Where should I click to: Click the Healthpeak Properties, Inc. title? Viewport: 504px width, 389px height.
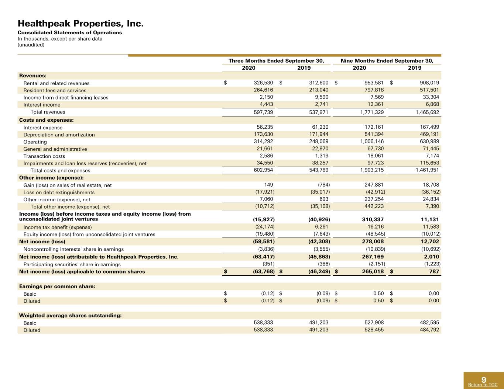pyautogui.click(x=80, y=23)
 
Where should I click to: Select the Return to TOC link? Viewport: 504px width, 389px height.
pyautogui.click(x=483, y=385)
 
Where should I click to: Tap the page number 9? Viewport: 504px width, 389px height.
pyautogui.click(x=484, y=379)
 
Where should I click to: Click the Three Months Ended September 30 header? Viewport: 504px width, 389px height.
pyautogui.click(x=276, y=61)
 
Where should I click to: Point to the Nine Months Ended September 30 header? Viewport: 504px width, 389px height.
pyautogui.click(x=387, y=61)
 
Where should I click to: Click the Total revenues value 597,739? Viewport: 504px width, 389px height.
pyautogui.click(x=263, y=112)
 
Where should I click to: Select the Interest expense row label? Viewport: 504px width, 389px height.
pyautogui.click(x=43, y=128)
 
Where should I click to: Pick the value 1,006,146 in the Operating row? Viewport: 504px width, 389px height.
pyautogui.click(x=372, y=141)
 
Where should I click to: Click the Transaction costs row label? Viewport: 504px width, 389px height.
pyautogui.click(x=44, y=156)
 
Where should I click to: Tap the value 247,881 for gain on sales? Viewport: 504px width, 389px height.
pyautogui.click(x=374, y=185)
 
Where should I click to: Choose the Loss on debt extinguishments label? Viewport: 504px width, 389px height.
pyautogui.click(x=59, y=192)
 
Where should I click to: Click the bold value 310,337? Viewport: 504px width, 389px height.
pyautogui.click(x=373, y=219)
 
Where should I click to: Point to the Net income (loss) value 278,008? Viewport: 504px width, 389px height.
pyautogui.click(x=373, y=242)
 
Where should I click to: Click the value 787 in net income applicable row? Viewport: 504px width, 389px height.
pyautogui.click(x=434, y=271)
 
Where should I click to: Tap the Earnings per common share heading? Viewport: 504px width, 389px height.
pyautogui.click(x=57, y=286)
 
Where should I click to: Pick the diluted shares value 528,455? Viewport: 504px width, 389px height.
pyautogui.click(x=374, y=330)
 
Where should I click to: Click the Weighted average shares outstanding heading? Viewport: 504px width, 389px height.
pyautogui.click(x=70, y=315)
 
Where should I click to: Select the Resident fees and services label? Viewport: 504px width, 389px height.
pyautogui.click(x=55, y=90)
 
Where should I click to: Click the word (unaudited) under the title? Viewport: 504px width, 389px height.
pyautogui.click(x=31, y=45)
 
